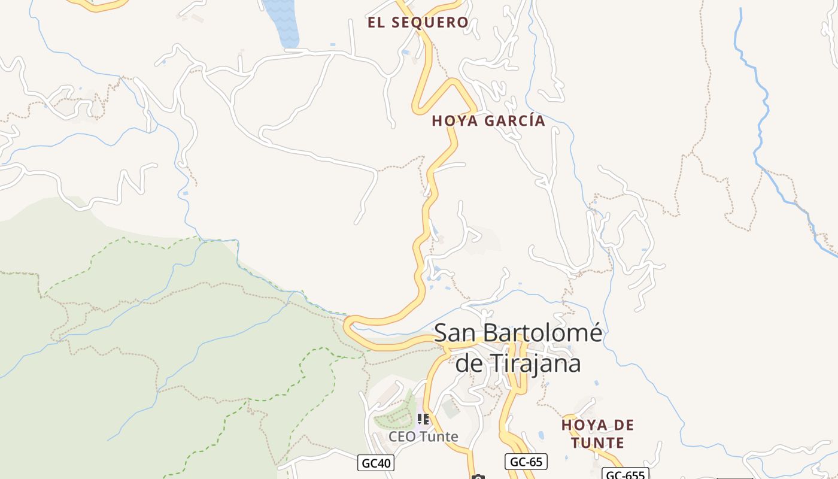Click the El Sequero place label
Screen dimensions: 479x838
tap(418, 23)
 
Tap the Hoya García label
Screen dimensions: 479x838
tap(488, 120)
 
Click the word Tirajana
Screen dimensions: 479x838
tap(537, 363)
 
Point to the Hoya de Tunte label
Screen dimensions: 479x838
tap(597, 434)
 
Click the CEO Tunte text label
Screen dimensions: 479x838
tap(423, 436)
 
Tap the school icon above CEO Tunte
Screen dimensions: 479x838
tap(423, 419)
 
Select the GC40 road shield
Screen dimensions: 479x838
tap(377, 463)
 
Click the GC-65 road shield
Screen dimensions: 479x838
tap(526, 462)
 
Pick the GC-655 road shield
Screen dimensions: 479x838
tap(625, 475)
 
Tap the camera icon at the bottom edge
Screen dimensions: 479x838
tap(478, 477)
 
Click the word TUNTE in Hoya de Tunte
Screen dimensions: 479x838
tap(597, 443)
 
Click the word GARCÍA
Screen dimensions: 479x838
tap(515, 120)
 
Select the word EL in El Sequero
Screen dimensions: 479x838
tap(375, 23)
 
